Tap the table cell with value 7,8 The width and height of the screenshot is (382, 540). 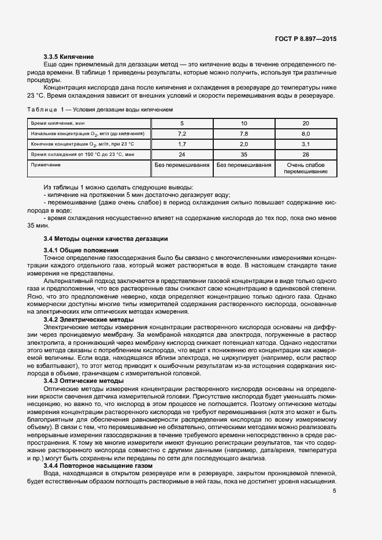[x=243, y=133]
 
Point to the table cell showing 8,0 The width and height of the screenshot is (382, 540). [x=306, y=133]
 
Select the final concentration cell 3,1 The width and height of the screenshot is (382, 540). [x=306, y=144]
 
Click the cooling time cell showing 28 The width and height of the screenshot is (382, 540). [x=306, y=154]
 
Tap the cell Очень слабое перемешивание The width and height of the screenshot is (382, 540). [x=306, y=168]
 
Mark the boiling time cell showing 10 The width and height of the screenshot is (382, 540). [x=243, y=123]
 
